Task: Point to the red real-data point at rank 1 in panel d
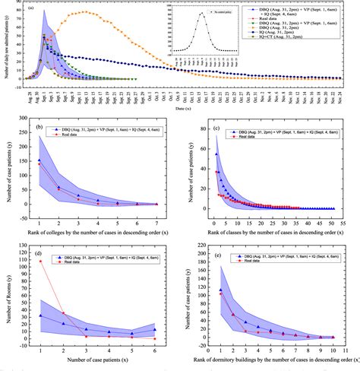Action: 39,261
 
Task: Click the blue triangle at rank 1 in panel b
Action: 39,160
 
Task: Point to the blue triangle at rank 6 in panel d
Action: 156,330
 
